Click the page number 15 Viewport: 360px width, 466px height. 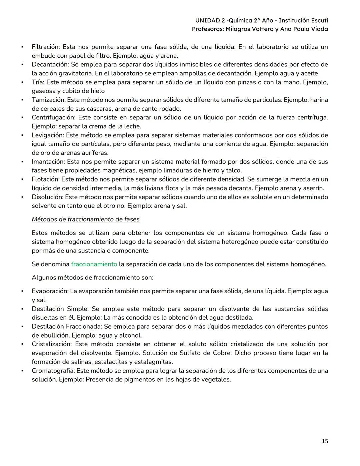tap(325, 441)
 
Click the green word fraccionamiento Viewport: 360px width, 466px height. tap(94, 264)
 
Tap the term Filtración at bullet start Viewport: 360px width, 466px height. tap(45, 47)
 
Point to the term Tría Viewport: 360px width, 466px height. tap(38, 82)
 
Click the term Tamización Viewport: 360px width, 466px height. tap(49, 100)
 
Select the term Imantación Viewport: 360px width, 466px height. tap(48, 161)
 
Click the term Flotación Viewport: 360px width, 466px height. tap(46, 179)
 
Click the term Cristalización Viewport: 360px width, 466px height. tap(51, 344)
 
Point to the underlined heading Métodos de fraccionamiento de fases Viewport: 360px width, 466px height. tap(86, 219)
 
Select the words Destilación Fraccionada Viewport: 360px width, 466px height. tap(67, 326)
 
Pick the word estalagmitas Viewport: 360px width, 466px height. tap(155, 362)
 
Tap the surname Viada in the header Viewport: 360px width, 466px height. tap(319, 29)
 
